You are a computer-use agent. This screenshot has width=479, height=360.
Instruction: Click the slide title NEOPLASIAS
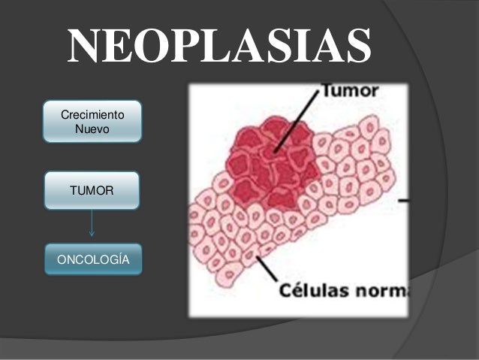[x=220, y=47]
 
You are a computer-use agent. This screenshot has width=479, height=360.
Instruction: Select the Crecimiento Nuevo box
[x=92, y=122]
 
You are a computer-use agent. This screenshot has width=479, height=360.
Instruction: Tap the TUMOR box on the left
[x=92, y=191]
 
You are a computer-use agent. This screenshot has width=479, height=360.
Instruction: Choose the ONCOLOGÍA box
[x=92, y=259]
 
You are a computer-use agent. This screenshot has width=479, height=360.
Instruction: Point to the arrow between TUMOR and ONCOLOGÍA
[x=92, y=224]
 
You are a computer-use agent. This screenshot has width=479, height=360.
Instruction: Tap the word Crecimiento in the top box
[x=92, y=115]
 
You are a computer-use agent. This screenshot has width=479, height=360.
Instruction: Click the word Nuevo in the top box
[x=92, y=129]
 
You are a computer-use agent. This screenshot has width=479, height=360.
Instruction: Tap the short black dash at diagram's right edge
[x=403, y=201]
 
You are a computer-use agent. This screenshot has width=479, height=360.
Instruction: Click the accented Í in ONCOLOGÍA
[x=117, y=259]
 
